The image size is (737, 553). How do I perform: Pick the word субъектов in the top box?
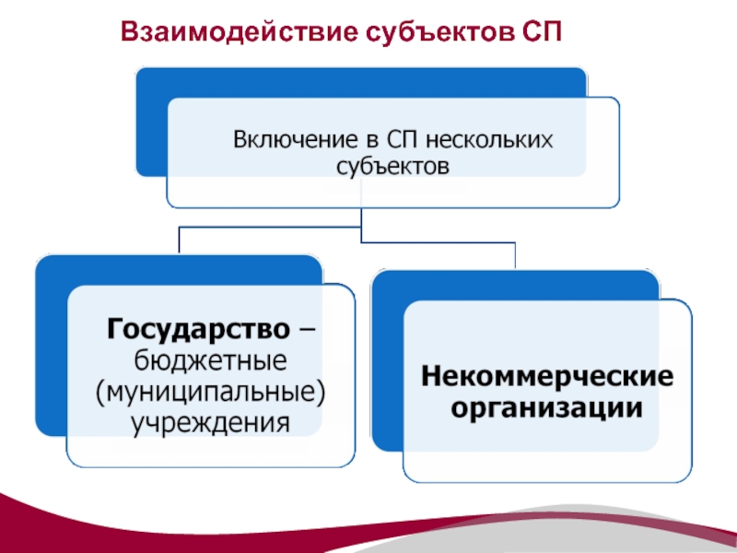click(x=392, y=167)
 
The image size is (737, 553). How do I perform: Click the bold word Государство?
click(x=197, y=328)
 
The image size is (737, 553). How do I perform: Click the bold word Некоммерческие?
click(x=547, y=377)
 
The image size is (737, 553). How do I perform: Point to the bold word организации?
click(x=547, y=407)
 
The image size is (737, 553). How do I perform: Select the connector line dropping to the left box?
click(x=178, y=240)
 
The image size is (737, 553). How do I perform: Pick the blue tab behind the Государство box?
click(x=51, y=350)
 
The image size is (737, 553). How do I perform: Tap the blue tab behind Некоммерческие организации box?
click(x=387, y=369)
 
